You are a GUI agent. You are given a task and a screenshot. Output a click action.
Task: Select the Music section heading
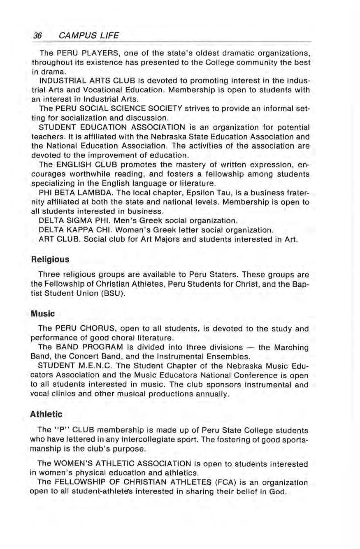click(x=43, y=314)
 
